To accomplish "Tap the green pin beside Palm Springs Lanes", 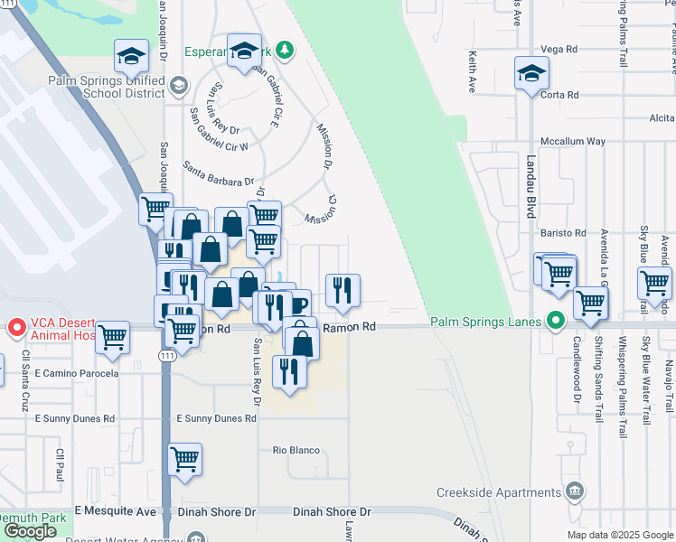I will [556, 322].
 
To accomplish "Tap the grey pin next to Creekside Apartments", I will [573, 491].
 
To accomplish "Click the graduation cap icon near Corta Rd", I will [531, 74].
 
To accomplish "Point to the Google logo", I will [30, 531].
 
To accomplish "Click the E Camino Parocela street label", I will [77, 372].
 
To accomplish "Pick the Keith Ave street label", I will [473, 72].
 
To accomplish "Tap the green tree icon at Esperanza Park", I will [286, 49].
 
